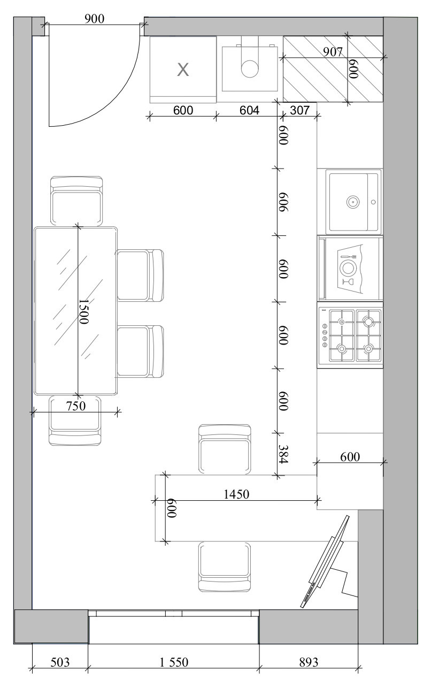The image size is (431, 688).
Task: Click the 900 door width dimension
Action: [x=94, y=19]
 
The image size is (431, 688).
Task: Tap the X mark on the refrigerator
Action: [x=183, y=70]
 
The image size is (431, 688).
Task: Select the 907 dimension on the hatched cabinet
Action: [x=333, y=52]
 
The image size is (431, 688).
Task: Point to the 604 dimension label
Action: [x=249, y=110]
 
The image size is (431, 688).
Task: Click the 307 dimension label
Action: [x=299, y=110]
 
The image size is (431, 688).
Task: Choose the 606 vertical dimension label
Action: [x=283, y=202]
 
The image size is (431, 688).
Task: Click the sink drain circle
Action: [x=353, y=202]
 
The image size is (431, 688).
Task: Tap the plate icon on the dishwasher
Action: [x=348, y=267]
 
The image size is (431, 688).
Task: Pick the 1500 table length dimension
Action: [x=84, y=311]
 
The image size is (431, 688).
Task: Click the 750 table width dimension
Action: [x=76, y=406]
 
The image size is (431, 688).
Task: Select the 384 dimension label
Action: [x=283, y=454]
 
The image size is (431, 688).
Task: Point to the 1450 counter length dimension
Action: [x=236, y=494]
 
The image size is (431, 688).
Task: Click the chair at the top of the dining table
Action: [x=76, y=201]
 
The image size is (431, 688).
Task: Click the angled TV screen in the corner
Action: [x=325, y=562]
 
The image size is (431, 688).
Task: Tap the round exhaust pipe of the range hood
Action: [x=249, y=68]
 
